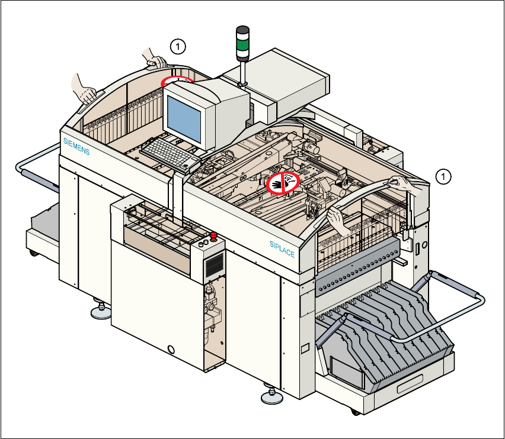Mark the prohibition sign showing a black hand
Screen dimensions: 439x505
pyautogui.click(x=282, y=183)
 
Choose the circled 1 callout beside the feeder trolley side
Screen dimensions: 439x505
pyautogui.click(x=443, y=176)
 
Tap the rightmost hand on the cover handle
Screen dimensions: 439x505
pyautogui.click(x=409, y=185)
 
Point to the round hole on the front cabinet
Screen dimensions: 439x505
pyautogui.click(x=172, y=350)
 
